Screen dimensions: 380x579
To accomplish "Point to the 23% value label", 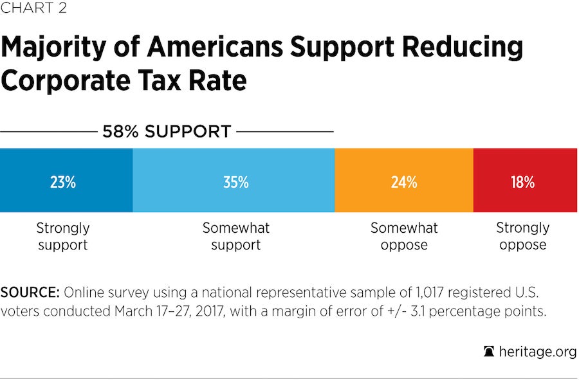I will [x=63, y=183].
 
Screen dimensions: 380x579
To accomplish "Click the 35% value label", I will [x=235, y=183].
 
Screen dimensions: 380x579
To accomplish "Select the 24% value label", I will [x=403, y=183].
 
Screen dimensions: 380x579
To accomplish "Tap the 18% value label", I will [x=522, y=183].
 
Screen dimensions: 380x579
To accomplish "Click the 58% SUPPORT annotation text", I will [x=167, y=132].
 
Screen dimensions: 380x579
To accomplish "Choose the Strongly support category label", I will [x=63, y=236].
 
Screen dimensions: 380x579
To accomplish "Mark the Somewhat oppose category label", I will [x=404, y=236].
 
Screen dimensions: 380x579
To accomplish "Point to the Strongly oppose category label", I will [x=522, y=236].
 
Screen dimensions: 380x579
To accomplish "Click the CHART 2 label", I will [x=33, y=8].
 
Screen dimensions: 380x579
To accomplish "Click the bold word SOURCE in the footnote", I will [x=30, y=293].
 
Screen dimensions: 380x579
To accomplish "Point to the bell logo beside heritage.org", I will [x=489, y=352].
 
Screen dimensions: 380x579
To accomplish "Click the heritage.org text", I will [x=537, y=352].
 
